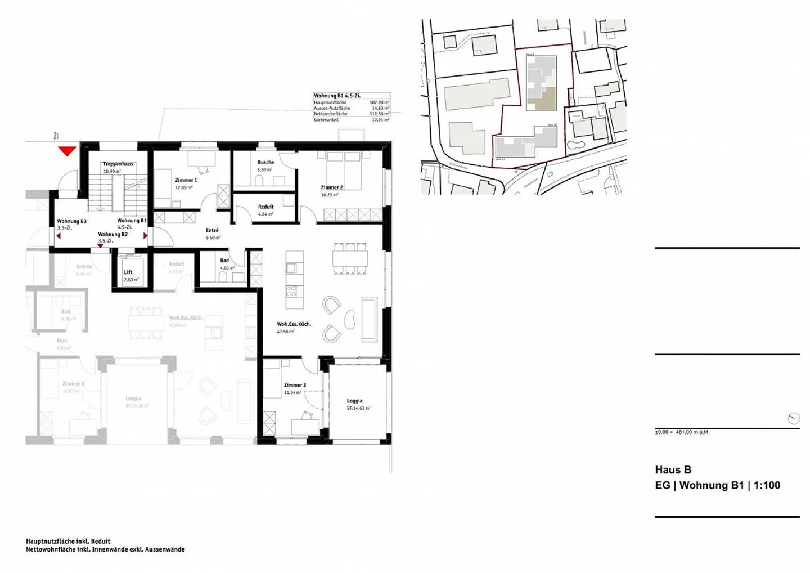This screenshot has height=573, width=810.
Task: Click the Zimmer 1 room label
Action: pos(186,180)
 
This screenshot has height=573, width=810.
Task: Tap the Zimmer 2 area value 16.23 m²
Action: pos(330,195)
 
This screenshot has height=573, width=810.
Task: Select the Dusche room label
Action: pos(265,162)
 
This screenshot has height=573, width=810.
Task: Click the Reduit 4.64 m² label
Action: pos(265,211)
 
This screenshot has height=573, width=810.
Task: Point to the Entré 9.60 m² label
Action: pos(213,234)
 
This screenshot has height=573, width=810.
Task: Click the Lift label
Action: pos(128,272)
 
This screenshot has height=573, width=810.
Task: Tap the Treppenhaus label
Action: pos(118,164)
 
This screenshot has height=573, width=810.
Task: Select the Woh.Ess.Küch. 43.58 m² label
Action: pos(294,328)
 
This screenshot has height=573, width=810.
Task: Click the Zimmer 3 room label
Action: pos(295,385)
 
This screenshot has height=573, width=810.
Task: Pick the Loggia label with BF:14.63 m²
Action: pos(355,404)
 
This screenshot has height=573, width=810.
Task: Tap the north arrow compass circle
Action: pos(794,418)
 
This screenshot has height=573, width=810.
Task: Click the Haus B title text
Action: pos(673,470)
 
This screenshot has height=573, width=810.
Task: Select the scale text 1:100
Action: pos(767,485)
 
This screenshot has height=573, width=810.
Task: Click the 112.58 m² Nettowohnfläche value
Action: pos(379,114)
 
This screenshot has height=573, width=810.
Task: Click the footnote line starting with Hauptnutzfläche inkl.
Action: pos(68,541)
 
